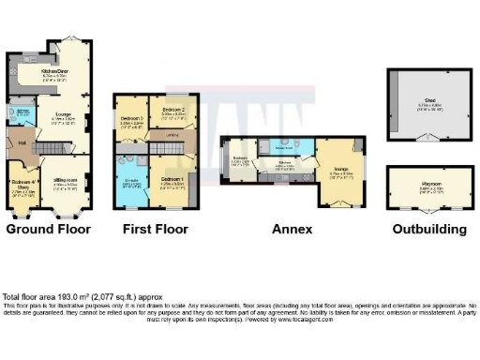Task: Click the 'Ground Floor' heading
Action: click(49, 228)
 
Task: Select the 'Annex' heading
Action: click(286, 228)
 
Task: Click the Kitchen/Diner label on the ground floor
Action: click(54, 72)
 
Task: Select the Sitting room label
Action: click(66, 180)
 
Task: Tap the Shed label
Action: click(429, 104)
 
